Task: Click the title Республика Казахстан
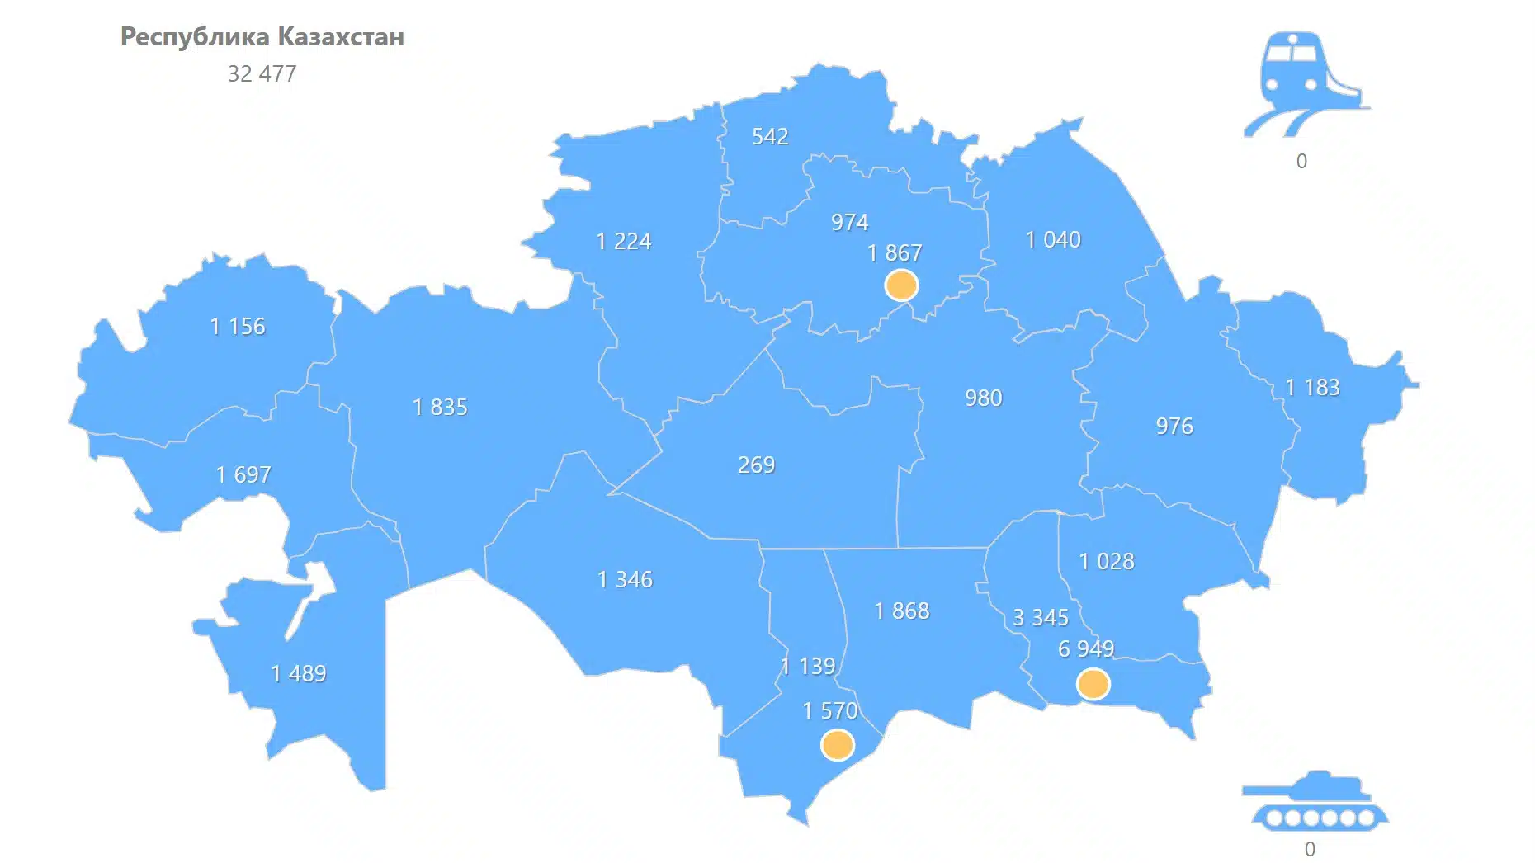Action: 262,37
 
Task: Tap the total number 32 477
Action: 262,74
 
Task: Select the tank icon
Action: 1315,800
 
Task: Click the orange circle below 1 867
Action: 901,285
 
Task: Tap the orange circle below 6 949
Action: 1093,684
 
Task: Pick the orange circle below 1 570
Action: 837,745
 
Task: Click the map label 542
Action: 769,136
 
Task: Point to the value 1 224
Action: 623,241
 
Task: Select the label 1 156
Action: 238,327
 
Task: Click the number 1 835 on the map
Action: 440,407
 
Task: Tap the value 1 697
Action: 243,474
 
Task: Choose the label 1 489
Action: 299,674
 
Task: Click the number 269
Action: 756,465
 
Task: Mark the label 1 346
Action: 625,579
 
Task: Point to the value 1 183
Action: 1312,387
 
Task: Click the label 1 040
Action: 1052,239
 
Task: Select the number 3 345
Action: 1040,617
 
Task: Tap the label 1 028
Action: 1107,561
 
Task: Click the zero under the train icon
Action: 1301,161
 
